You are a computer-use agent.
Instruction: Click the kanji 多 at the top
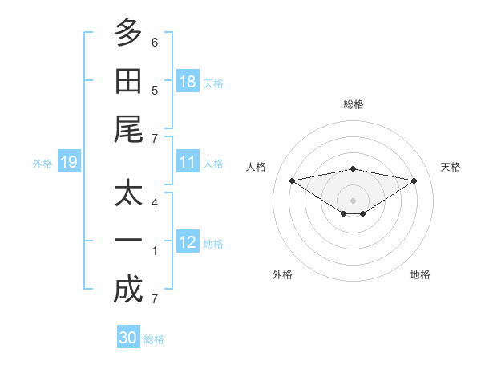(x=128, y=32)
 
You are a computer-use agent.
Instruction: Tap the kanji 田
(x=128, y=81)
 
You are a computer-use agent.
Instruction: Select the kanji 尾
(x=128, y=129)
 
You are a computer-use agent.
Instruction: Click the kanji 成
(x=128, y=289)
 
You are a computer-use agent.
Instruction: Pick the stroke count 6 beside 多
(x=155, y=43)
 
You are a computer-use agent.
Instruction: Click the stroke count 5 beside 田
(x=155, y=91)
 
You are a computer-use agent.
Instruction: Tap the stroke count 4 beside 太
(x=155, y=203)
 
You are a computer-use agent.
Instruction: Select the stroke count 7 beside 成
(x=155, y=299)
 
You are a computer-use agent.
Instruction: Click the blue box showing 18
(x=188, y=81)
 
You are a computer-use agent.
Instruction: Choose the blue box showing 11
(x=188, y=161)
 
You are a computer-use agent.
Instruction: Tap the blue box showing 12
(x=188, y=241)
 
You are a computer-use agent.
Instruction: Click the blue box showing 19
(x=69, y=161)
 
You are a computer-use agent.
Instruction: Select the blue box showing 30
(x=128, y=336)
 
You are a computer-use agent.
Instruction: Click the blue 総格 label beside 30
(x=154, y=339)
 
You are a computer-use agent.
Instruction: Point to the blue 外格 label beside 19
(x=42, y=164)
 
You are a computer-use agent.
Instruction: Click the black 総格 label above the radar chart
(x=354, y=104)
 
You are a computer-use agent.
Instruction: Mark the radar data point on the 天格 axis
(x=414, y=180)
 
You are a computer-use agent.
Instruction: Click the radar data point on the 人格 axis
(x=292, y=180)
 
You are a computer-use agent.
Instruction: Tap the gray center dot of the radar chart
(x=353, y=201)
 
